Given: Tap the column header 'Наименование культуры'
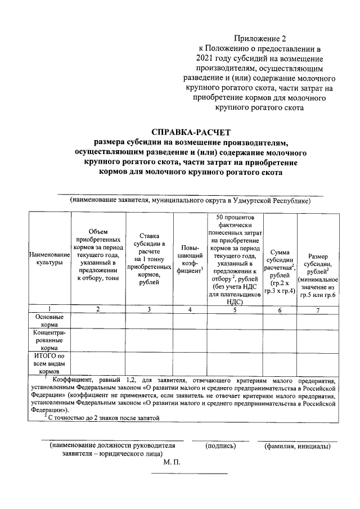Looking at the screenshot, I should pyautogui.click(x=48, y=259).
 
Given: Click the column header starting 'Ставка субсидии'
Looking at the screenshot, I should pyautogui.click(x=149, y=259).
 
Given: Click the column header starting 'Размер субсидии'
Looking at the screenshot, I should pyautogui.click(x=318, y=267).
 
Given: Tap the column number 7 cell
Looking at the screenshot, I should pyautogui.click(x=318, y=309).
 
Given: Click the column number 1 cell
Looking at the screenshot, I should pyautogui.click(x=48, y=309).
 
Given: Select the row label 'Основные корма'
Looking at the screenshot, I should pyautogui.click(x=48, y=321).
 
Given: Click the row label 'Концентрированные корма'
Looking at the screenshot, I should pyautogui.click(x=48, y=340).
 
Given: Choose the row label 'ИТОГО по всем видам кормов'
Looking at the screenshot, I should pyautogui.click(x=48, y=363).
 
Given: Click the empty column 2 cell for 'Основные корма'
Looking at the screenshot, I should pyautogui.click(x=98, y=321).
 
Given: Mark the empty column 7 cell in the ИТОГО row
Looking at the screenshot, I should pyautogui.click(x=318, y=363).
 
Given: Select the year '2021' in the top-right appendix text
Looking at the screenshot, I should pyautogui.click(x=206, y=58).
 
